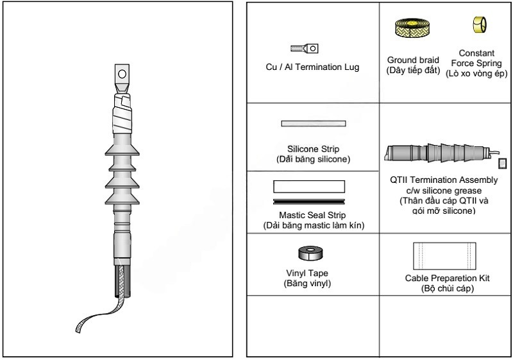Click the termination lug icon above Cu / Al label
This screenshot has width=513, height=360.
tap(305, 47)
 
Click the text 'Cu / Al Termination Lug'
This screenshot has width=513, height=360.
tap(312, 67)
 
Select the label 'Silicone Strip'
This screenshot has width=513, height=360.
tap(312, 149)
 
